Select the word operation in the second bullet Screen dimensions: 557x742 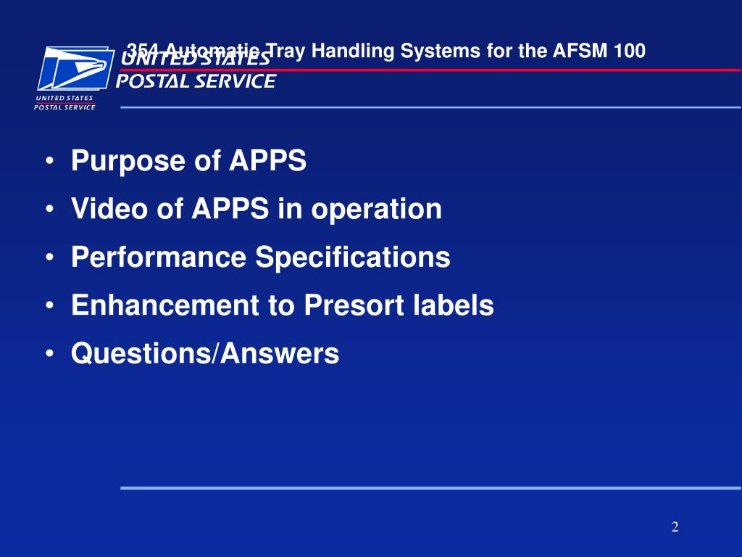[x=377, y=210]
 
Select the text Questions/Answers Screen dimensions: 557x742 [x=205, y=354]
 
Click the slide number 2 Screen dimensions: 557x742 [x=675, y=527]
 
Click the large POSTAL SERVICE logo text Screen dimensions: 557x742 [x=196, y=81]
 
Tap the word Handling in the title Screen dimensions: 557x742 [x=334, y=51]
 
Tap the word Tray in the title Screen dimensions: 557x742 [x=280, y=51]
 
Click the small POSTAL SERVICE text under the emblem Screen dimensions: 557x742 [x=64, y=107]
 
